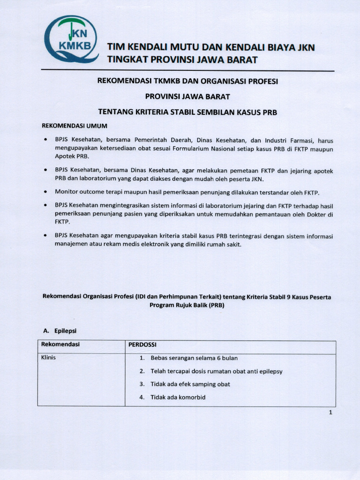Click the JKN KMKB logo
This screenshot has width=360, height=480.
click(x=71, y=39)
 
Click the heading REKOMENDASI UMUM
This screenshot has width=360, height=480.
click(x=75, y=126)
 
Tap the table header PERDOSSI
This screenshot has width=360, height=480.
click(x=142, y=345)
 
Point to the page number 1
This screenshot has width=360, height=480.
click(x=330, y=412)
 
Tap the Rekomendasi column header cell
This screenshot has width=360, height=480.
click(x=60, y=345)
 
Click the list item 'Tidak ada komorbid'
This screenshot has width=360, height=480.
click(x=178, y=397)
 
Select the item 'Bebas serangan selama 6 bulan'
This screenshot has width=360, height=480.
click(x=194, y=358)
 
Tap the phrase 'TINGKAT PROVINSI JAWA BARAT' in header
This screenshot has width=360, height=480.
click(x=182, y=60)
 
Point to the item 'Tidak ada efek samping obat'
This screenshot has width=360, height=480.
click(x=190, y=384)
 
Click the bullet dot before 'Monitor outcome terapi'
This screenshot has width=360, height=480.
click(x=45, y=192)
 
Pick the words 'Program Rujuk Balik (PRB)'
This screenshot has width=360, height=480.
click(x=187, y=305)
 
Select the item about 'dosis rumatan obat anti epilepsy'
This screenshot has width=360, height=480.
click(x=216, y=371)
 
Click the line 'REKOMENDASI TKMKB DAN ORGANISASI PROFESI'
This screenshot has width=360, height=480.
click(x=187, y=81)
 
